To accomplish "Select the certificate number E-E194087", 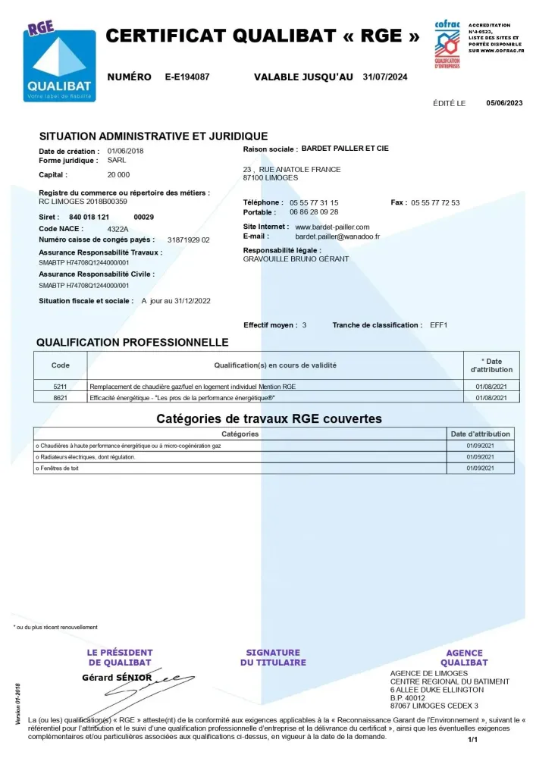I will coord(187,77).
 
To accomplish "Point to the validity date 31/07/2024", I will coord(385,77).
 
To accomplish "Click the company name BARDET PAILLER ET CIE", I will coord(345,149).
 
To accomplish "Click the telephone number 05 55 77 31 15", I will coord(314,203).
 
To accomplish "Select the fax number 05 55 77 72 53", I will coord(435,203).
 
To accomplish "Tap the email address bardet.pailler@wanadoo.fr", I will coord(337,236).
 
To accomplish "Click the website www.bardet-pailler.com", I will coord(332,227).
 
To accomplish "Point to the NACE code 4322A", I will coord(118,228).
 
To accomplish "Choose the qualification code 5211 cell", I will coord(61,387).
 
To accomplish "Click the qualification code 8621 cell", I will coord(61,397).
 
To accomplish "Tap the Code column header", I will coord(61,365).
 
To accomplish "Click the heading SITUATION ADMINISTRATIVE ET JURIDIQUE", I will coord(153,136).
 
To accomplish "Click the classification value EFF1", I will coord(439,325).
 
